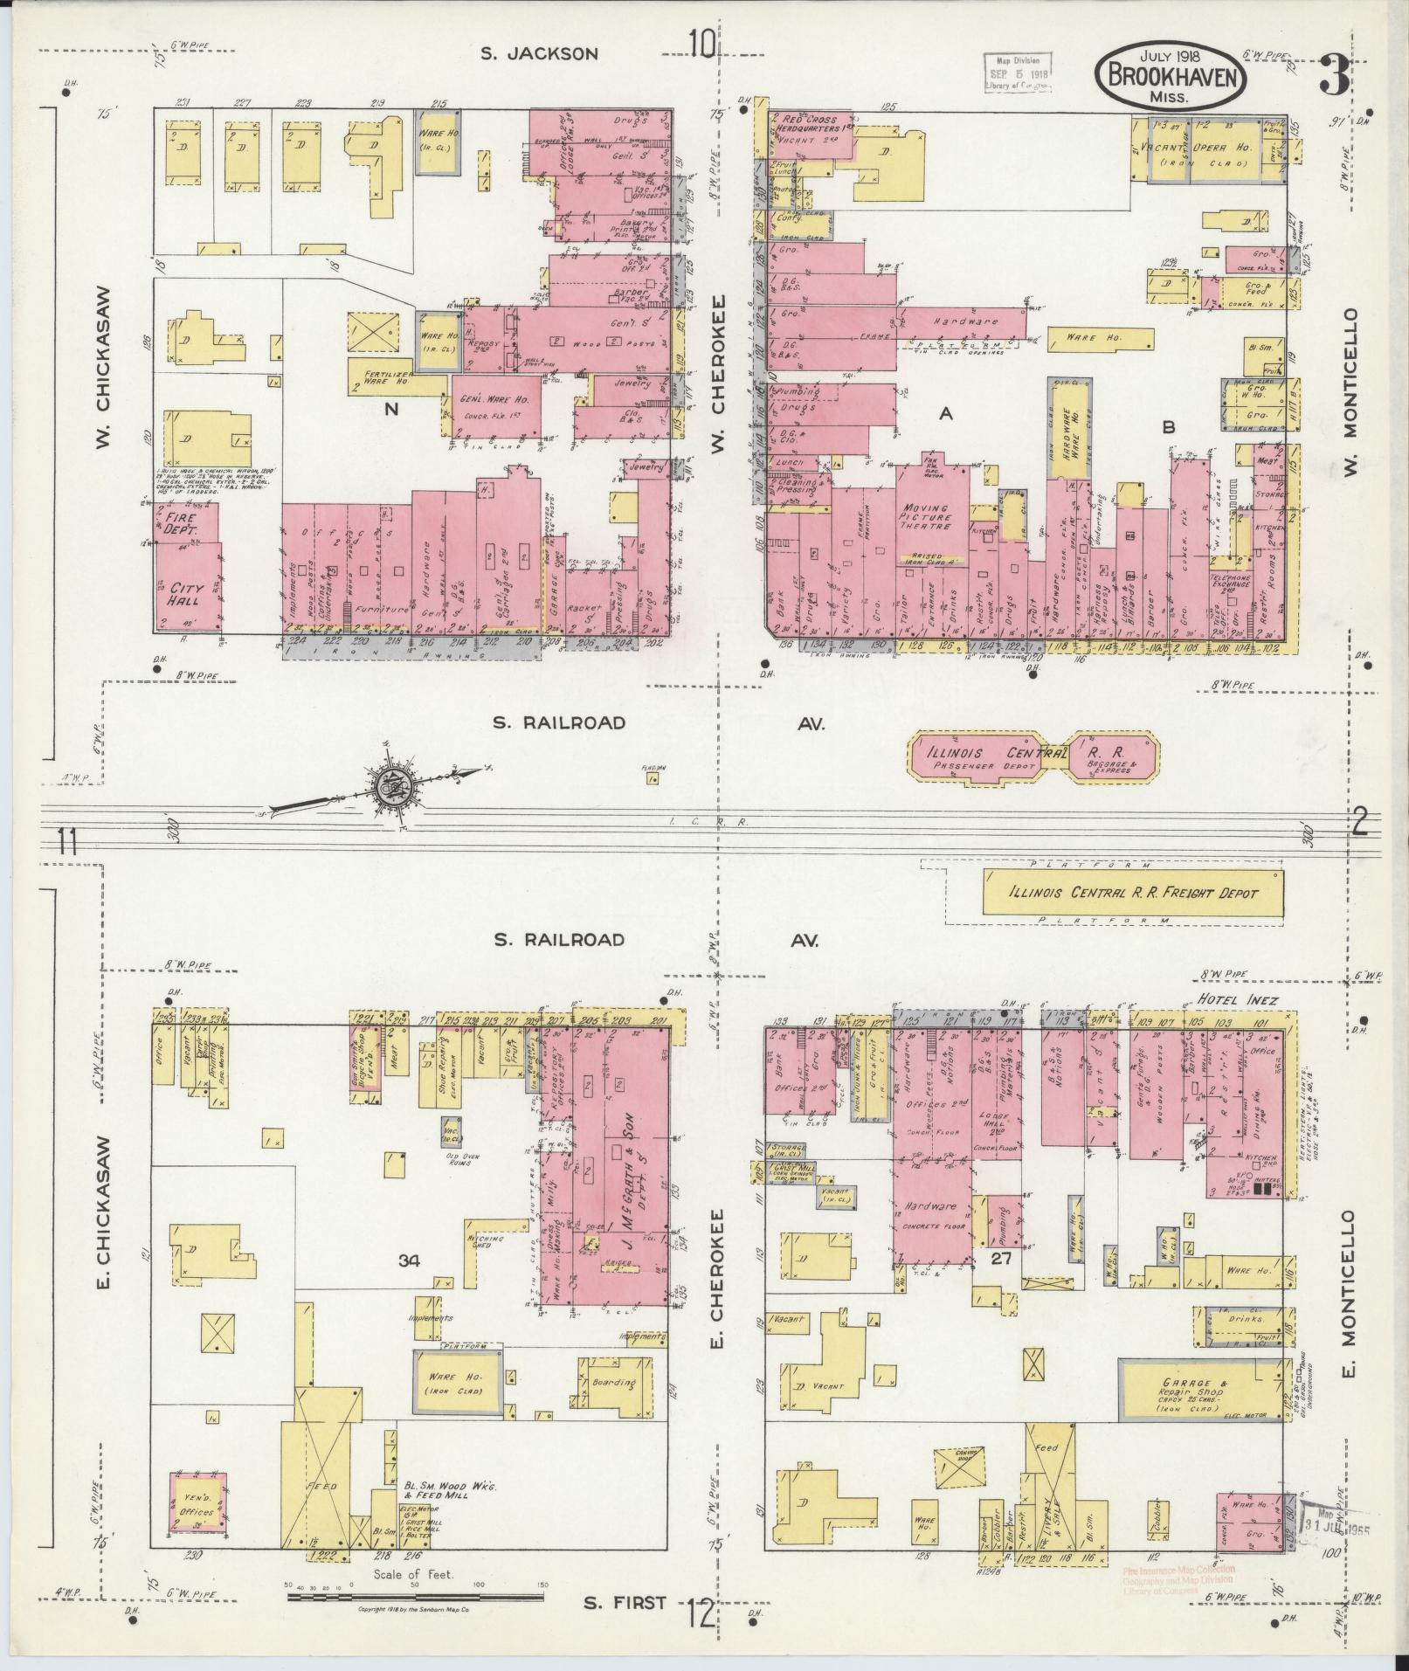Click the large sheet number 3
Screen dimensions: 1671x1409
[1335, 75]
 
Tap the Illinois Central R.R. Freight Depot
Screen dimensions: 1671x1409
[1133, 893]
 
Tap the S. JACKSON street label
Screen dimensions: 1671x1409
[540, 53]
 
